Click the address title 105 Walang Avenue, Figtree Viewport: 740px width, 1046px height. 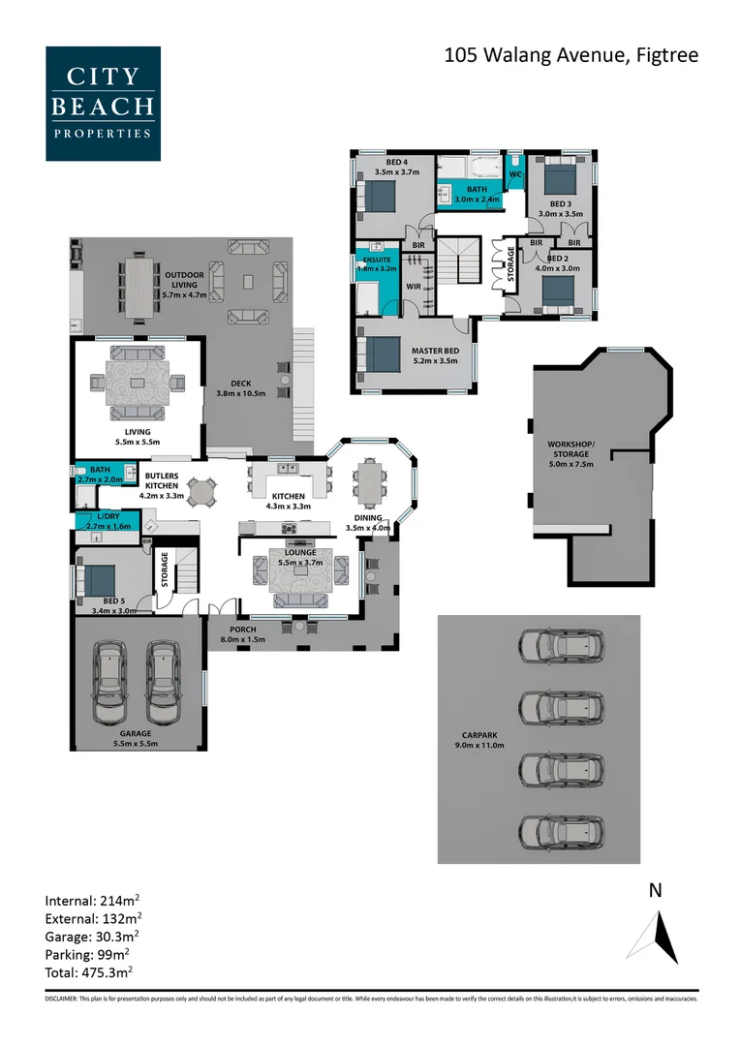(x=570, y=55)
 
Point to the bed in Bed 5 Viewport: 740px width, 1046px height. (x=99, y=580)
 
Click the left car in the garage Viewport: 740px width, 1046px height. (x=111, y=683)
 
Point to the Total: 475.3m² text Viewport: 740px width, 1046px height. (x=89, y=971)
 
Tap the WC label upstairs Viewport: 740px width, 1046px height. (x=515, y=174)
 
